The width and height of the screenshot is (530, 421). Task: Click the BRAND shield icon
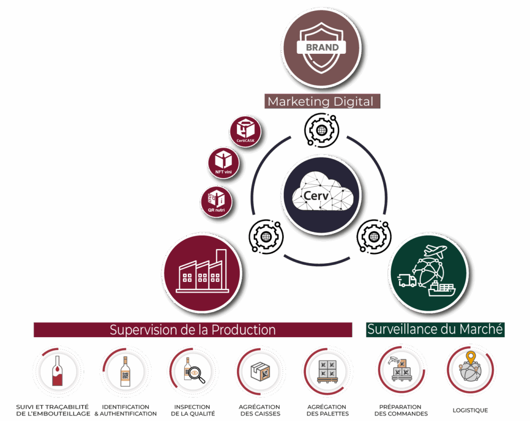[x=322, y=48]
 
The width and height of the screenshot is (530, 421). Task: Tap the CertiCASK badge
[x=245, y=130]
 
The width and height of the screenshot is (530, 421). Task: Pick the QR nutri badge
[x=216, y=201]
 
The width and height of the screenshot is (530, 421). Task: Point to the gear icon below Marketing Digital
[x=321, y=129]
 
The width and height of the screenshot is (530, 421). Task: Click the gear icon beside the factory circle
[x=266, y=237]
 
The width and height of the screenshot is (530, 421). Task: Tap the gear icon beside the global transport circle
[x=374, y=237]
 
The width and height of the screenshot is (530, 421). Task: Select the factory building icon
[x=202, y=272]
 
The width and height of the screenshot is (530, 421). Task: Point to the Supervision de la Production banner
[x=193, y=330]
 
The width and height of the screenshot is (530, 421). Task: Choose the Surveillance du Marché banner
[x=435, y=329]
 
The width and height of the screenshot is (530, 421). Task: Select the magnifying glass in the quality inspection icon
[x=198, y=376]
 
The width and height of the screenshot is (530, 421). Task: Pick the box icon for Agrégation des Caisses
[x=260, y=371]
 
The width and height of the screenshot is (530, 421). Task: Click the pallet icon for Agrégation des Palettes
[x=327, y=371]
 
